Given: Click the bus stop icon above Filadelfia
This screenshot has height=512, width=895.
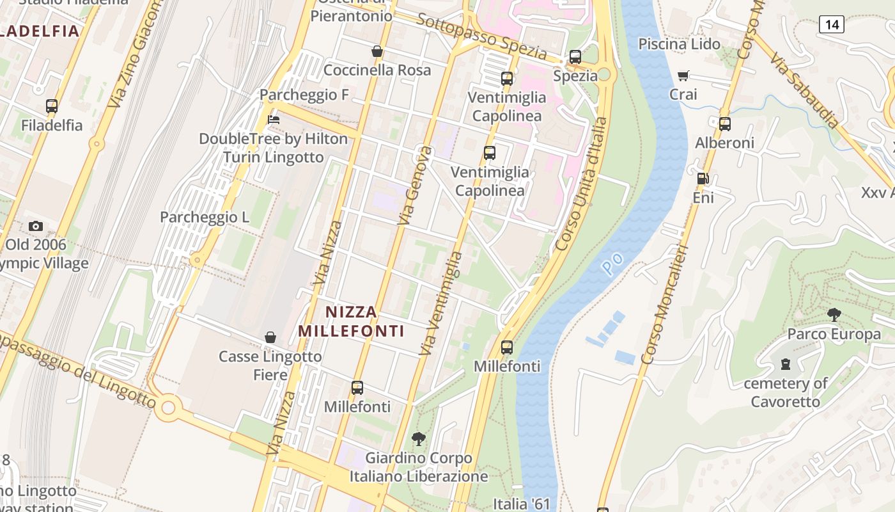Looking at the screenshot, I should [x=52, y=106].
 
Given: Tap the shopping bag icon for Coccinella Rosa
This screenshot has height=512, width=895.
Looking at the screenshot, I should [x=377, y=51].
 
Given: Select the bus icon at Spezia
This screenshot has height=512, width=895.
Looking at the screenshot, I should [x=575, y=57].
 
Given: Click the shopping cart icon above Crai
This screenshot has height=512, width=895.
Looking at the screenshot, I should [x=683, y=76].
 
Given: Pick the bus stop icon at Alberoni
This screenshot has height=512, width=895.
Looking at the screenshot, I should [x=724, y=124].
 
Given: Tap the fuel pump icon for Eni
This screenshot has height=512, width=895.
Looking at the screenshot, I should [x=703, y=179].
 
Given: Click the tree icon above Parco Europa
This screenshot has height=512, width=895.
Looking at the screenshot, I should [x=834, y=315].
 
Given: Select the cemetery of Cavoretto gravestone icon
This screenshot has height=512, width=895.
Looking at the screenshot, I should [x=786, y=364].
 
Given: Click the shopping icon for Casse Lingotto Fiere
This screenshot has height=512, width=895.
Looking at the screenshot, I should [x=270, y=337].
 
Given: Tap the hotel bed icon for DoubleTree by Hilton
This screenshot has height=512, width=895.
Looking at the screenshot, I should [x=274, y=120].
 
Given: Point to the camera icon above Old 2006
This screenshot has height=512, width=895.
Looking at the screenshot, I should [x=36, y=226].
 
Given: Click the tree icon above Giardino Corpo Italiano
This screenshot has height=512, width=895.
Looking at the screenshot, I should [x=419, y=439].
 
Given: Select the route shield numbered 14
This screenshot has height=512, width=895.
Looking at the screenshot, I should [x=831, y=25].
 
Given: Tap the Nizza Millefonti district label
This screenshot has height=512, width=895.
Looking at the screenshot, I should [x=351, y=321].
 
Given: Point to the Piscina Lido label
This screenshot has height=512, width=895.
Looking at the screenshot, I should [x=679, y=44].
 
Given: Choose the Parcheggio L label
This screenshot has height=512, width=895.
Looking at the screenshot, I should [x=205, y=217].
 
